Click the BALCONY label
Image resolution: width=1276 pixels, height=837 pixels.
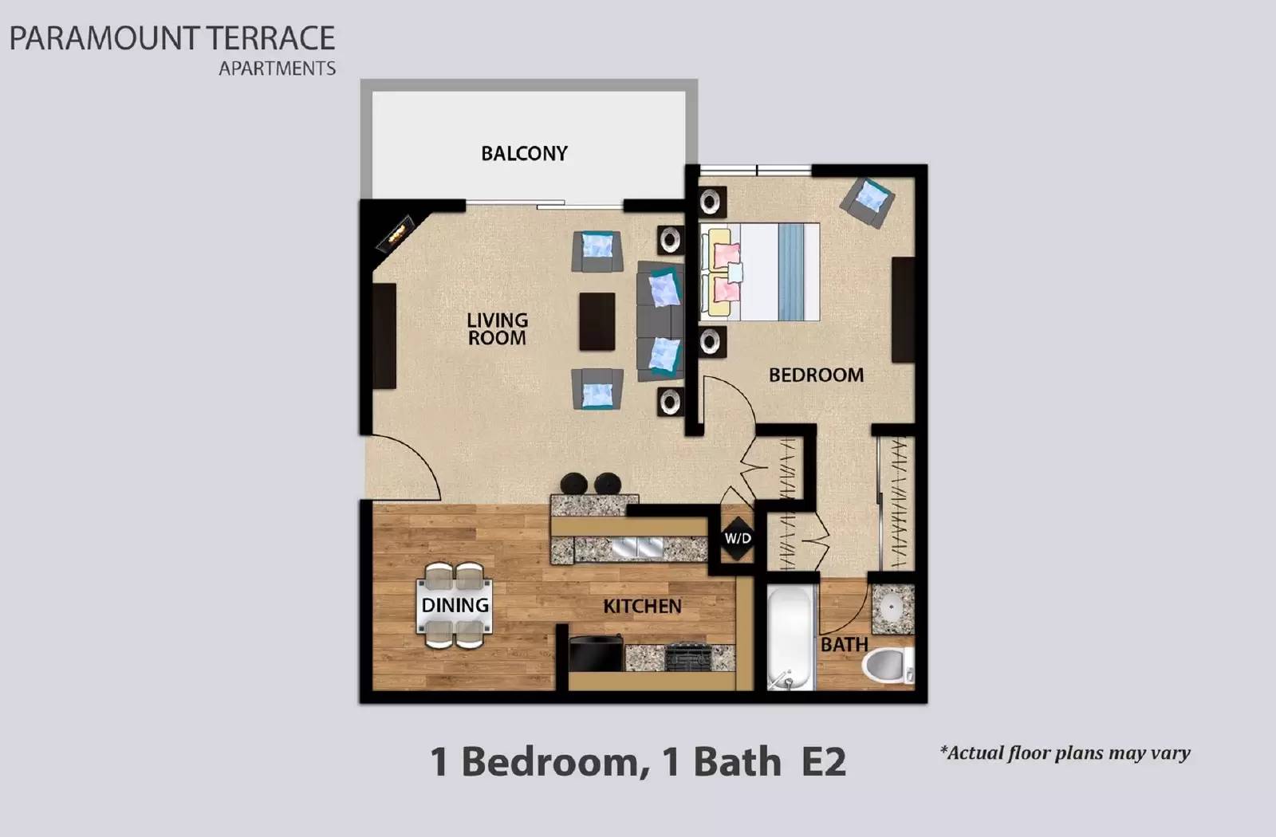tap(524, 153)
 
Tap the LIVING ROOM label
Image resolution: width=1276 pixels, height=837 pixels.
tap(497, 328)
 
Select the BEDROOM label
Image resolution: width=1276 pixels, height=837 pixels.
tap(815, 375)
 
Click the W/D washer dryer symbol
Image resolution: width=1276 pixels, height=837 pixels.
tap(738, 538)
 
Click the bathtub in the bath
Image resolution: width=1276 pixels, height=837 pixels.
tap(790, 638)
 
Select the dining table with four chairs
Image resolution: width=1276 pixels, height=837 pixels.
tap(455, 605)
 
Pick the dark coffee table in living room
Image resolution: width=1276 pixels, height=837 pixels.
tap(597, 321)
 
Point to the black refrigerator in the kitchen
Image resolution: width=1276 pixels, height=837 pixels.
tap(596, 655)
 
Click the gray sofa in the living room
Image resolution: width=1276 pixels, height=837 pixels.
tap(660, 321)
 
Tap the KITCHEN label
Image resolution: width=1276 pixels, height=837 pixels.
tap(642, 606)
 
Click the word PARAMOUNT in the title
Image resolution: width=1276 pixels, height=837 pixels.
tap(104, 38)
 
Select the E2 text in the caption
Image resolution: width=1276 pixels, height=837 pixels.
tap(823, 761)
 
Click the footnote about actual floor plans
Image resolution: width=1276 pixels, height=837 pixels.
tap(1065, 753)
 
